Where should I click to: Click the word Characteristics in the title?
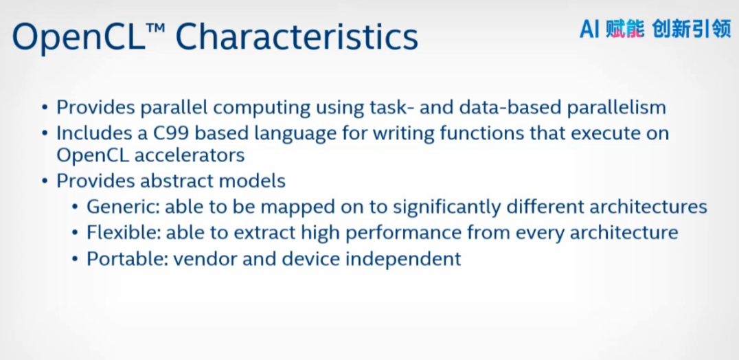click(297, 37)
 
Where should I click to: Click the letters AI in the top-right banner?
click(589, 30)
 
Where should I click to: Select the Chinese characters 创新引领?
click(692, 30)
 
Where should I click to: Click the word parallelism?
click(616, 107)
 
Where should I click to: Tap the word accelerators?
click(190, 155)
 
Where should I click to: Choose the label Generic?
click(123, 206)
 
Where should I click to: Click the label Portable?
click(126, 259)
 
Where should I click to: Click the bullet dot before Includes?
click(45, 133)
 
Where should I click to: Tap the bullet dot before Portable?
click(74, 259)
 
